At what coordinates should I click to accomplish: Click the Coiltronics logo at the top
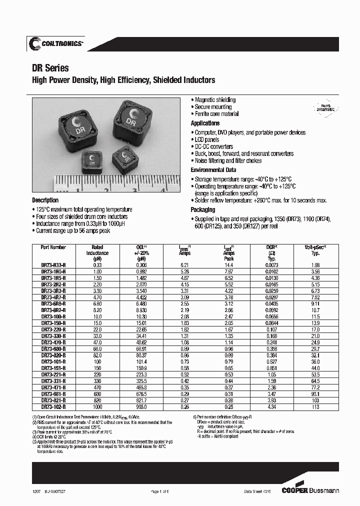click(56, 44)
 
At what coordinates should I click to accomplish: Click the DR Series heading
click(50, 68)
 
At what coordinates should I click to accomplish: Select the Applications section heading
click(205, 123)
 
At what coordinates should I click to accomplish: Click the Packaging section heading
click(203, 210)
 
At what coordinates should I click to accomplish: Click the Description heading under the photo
click(45, 200)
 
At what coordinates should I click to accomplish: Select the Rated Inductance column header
click(97, 253)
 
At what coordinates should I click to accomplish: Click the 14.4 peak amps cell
click(228, 264)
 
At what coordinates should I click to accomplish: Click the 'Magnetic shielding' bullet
click(215, 100)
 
